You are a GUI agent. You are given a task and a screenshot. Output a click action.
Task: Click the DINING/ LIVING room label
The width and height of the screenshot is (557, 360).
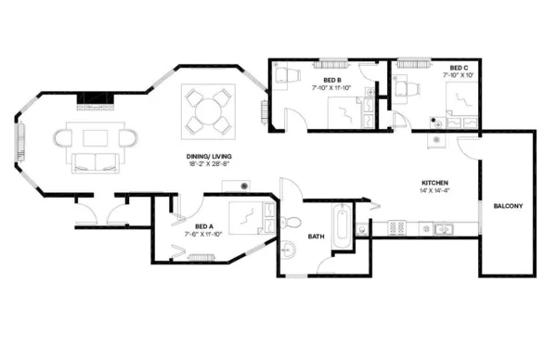(x=208, y=156)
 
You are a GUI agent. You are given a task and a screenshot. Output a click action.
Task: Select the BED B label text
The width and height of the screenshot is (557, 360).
(x=332, y=81)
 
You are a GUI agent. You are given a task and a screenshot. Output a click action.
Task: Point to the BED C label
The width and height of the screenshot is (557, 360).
(x=458, y=68)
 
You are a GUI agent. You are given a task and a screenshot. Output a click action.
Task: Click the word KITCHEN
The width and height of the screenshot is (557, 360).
(x=435, y=183)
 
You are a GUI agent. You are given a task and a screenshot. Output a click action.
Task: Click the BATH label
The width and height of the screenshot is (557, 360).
(x=316, y=237)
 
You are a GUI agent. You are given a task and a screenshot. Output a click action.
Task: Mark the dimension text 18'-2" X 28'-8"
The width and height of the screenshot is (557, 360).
(x=208, y=164)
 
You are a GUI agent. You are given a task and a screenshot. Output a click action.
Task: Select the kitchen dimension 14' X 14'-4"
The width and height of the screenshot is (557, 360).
(x=435, y=191)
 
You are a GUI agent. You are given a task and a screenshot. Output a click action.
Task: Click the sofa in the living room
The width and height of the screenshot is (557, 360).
(x=96, y=163)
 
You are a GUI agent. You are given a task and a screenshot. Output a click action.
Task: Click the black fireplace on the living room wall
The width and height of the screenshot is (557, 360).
(x=96, y=98)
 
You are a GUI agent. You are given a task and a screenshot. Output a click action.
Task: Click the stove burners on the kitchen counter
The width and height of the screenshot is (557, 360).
(x=396, y=226)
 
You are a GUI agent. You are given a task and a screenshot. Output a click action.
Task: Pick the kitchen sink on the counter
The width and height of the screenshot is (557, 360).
(x=436, y=226)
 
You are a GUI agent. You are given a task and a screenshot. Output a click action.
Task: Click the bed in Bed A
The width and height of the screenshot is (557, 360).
(x=249, y=218)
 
